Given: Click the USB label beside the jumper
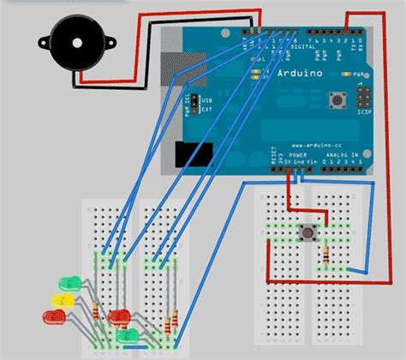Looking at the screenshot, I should pyautogui.click(x=206, y=100).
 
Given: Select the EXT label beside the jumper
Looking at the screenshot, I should pyautogui.click(x=206, y=109).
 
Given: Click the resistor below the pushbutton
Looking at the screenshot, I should pyautogui.click(x=327, y=255).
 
